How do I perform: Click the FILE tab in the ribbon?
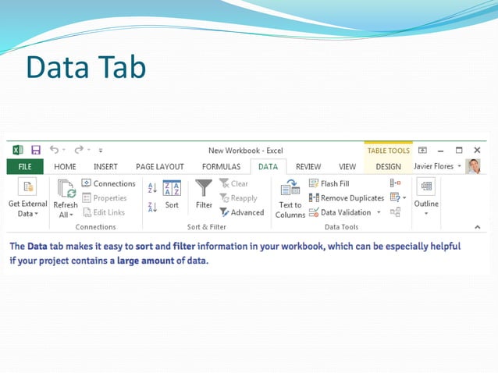point(25,166)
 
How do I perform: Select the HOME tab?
point(65,166)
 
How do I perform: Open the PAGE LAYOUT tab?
point(159,166)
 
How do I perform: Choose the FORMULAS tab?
point(221,166)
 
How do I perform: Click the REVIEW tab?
point(308,166)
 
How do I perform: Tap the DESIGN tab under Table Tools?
point(388,166)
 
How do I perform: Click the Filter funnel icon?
point(204,189)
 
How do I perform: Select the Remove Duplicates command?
point(345,198)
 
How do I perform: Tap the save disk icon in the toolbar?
point(36,150)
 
